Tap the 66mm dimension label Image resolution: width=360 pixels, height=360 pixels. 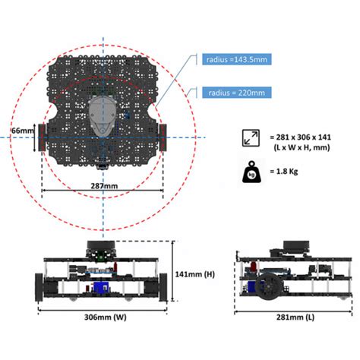(21, 131)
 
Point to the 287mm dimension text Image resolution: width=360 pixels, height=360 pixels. (103, 185)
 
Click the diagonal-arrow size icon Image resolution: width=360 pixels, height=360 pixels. (250, 139)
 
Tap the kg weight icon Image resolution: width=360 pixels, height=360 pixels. (250, 171)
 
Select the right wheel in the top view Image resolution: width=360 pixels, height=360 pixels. (163, 137)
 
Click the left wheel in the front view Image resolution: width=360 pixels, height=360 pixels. (43, 289)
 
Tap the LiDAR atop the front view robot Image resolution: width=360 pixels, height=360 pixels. (99, 249)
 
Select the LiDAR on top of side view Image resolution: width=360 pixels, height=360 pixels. (296, 247)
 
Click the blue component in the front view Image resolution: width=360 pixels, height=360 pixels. (103, 287)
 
